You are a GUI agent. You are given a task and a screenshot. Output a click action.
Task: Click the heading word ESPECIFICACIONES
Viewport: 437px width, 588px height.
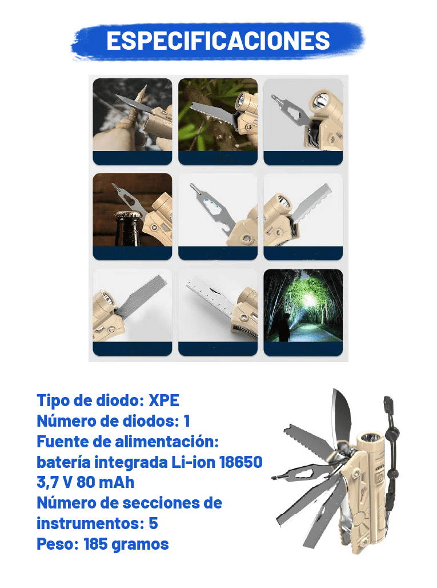point(218,41)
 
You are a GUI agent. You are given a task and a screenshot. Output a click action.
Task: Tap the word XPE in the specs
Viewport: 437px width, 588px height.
point(164,400)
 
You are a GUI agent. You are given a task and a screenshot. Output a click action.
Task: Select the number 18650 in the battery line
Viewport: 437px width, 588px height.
point(241,462)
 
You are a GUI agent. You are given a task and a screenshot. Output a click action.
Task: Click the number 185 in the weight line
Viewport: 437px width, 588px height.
point(95,544)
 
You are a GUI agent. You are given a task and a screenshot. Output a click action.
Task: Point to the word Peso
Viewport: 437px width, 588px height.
point(57,544)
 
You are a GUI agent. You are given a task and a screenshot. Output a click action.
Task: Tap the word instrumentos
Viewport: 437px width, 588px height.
point(87,523)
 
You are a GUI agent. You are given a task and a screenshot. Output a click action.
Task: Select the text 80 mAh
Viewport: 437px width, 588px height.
point(106,482)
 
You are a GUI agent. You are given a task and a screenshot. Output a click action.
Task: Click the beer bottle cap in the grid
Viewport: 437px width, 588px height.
point(128,215)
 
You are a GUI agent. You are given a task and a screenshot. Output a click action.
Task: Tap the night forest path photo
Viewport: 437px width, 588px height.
point(303,305)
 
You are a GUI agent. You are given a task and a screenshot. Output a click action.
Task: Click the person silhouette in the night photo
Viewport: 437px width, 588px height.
point(286,326)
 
